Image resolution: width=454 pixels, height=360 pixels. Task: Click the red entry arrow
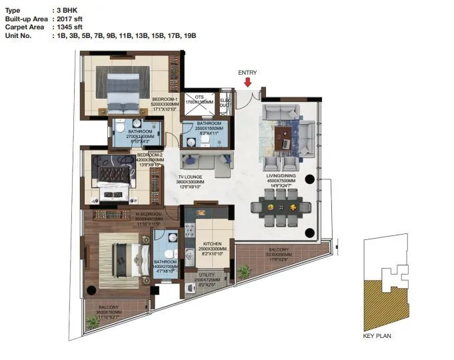click(247, 83)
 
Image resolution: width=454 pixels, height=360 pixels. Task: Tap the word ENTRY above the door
click(247, 73)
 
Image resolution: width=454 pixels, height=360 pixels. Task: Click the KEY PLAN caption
click(377, 335)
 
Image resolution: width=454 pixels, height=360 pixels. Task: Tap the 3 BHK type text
click(69, 11)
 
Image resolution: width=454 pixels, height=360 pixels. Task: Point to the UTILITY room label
click(211, 274)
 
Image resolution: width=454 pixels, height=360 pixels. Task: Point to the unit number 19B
click(189, 35)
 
